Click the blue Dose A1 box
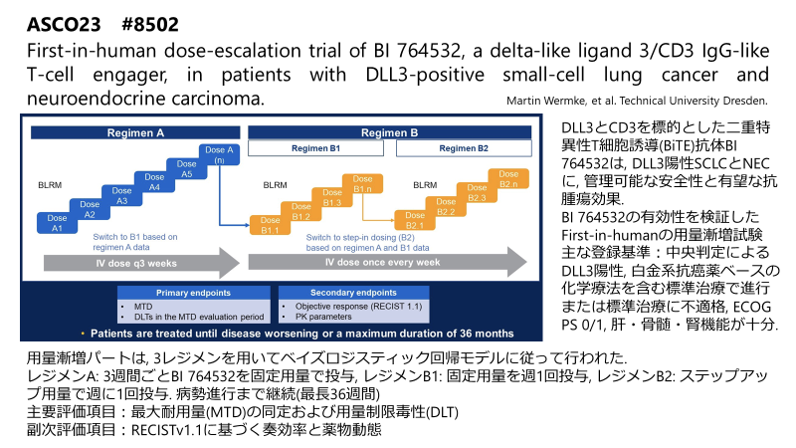point(57,225)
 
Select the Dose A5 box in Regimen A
point(186,169)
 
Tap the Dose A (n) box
point(217,154)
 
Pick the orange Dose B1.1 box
point(270,226)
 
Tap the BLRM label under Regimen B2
point(424,185)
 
